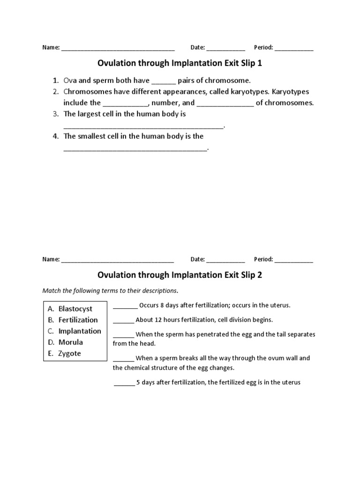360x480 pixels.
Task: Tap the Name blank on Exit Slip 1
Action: [118, 48]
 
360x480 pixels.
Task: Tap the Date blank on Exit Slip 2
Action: [225, 259]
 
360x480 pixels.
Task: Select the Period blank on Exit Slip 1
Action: [294, 48]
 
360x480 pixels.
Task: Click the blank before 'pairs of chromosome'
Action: [164, 81]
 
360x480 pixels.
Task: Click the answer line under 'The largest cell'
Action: [144, 126]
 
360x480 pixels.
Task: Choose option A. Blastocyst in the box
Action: [75, 309]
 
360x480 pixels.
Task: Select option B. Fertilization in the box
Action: [78, 320]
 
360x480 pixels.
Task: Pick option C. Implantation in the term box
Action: [79, 331]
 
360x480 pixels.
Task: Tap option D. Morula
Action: [70, 342]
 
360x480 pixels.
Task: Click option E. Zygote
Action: [69, 353]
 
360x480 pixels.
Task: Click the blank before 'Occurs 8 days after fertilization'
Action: [125, 306]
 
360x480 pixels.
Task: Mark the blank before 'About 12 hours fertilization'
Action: [123, 321]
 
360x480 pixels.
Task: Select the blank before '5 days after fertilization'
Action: [124, 383]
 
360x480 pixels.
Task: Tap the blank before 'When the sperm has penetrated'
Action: [123, 335]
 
